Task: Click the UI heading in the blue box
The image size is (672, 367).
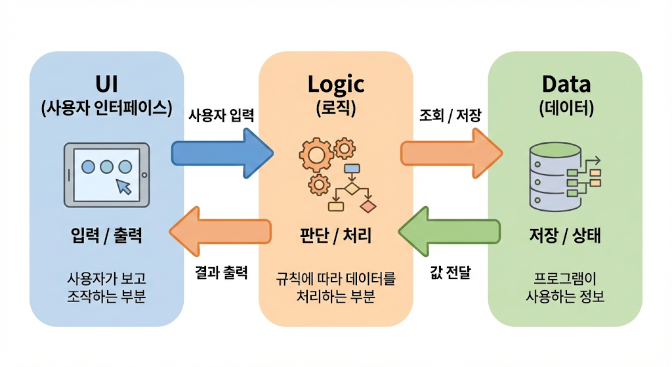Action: (106, 84)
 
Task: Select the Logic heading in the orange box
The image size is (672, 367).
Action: (335, 84)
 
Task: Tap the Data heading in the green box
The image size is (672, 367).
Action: (565, 84)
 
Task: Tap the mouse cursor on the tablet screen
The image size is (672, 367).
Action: (123, 186)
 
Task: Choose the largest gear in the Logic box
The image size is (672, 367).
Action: (316, 156)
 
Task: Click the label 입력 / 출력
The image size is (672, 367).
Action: (106, 235)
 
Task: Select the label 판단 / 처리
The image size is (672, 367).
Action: (335, 235)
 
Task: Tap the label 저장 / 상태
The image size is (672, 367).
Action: (565, 235)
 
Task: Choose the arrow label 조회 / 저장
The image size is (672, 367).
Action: (450, 116)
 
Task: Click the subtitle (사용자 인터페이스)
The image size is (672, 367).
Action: (106, 108)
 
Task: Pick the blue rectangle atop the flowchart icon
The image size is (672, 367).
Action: (352, 167)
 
